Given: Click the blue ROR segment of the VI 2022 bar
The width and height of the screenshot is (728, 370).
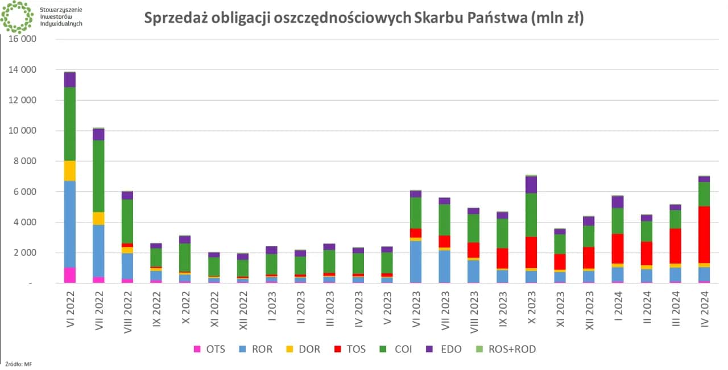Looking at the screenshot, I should point(70,224).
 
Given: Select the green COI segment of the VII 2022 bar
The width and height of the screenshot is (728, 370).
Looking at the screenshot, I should point(99,176).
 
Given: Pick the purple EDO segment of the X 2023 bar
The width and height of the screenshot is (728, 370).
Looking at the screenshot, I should point(531,184).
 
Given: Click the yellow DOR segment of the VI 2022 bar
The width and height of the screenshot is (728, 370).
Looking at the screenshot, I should point(70,171).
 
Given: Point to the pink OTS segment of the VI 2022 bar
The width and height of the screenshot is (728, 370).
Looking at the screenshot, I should point(70,275).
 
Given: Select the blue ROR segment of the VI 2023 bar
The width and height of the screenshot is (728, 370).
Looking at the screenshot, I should point(416,261).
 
